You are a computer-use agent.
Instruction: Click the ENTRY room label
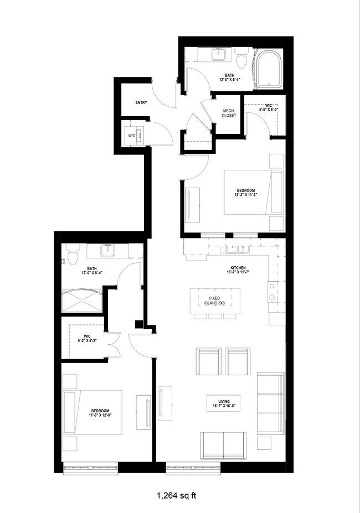(141, 102)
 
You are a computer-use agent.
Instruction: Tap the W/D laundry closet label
(132, 135)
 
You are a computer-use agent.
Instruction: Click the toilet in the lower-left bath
(70, 255)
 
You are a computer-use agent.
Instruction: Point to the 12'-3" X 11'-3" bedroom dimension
(244, 194)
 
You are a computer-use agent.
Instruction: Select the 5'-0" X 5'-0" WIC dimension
(269, 110)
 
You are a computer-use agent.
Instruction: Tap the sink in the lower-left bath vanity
(108, 252)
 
